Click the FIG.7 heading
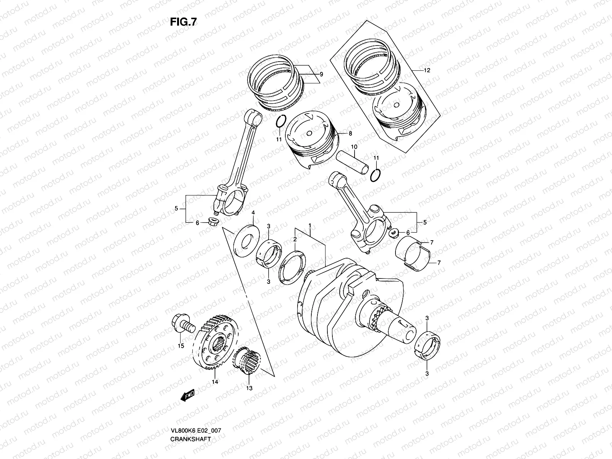pos(183,22)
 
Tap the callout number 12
pos(427,70)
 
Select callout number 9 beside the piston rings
pos(321,74)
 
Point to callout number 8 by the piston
pos(350,133)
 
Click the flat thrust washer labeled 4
pos(244,241)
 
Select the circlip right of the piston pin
pos(376,175)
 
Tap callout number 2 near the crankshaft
pos(295,239)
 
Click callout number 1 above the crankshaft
pos(310,226)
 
